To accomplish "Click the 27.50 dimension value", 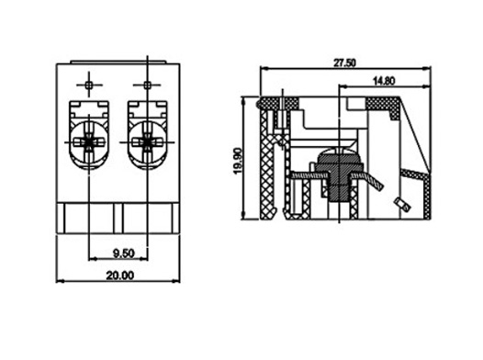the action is [x=344, y=62].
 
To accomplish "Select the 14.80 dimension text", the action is [x=384, y=81].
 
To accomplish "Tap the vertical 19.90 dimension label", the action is [x=238, y=161].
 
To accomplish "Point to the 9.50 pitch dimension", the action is [x=124, y=253].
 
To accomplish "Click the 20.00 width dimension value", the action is [x=120, y=275].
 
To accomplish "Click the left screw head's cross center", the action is [x=89, y=142].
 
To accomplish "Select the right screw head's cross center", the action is [x=147, y=142].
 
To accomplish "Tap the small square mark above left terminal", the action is [x=89, y=85].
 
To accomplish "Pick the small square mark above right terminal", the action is [x=147, y=85].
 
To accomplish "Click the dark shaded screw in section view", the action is [x=339, y=175].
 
